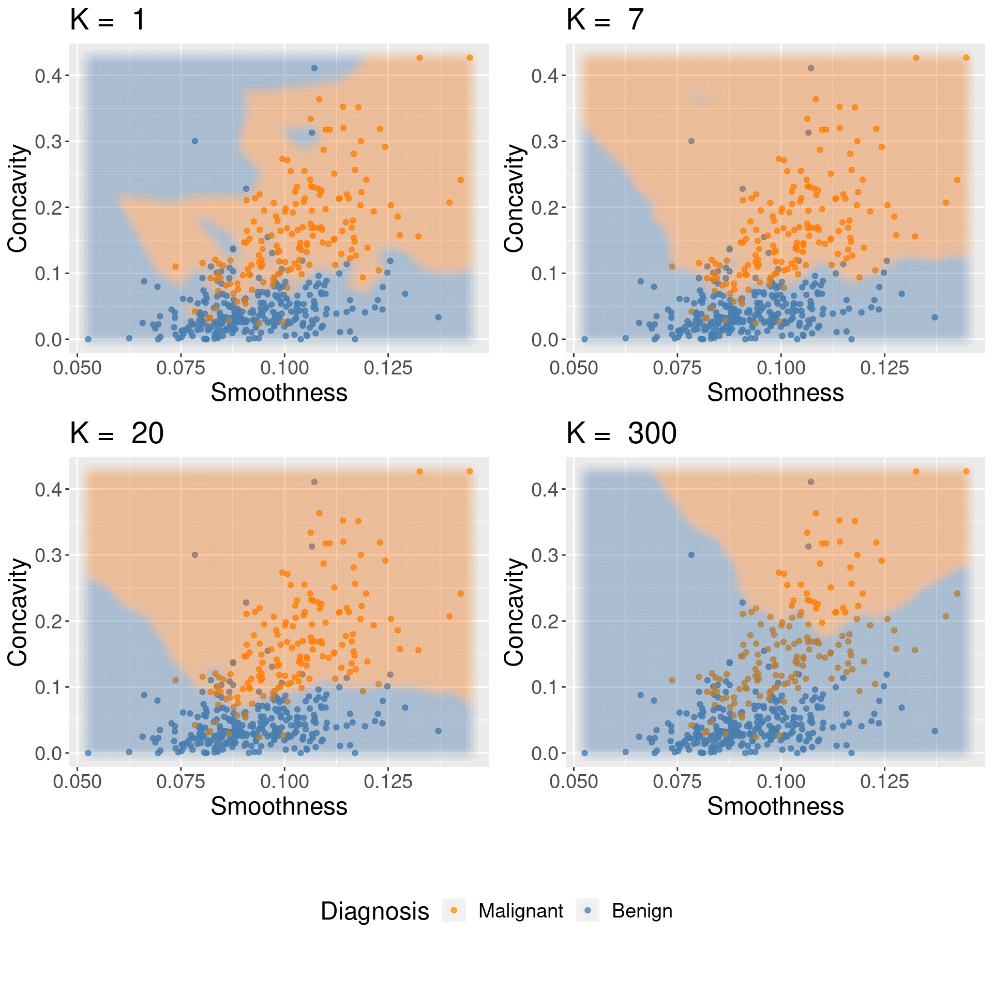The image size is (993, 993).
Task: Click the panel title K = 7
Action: [x=605, y=21]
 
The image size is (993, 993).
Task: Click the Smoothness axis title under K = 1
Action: [x=279, y=393]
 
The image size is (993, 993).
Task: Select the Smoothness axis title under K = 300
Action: [x=775, y=806]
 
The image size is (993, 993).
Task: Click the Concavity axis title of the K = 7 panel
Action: [x=514, y=199]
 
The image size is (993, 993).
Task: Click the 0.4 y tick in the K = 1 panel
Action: [x=48, y=76]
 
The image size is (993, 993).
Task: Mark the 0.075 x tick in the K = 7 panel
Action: [x=677, y=368]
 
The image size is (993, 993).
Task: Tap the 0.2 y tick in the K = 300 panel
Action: [x=544, y=621]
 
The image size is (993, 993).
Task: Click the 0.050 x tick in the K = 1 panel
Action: [x=78, y=368]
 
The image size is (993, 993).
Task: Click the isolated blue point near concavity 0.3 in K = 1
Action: [x=195, y=141]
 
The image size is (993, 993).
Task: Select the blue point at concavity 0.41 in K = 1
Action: [x=314, y=68]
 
